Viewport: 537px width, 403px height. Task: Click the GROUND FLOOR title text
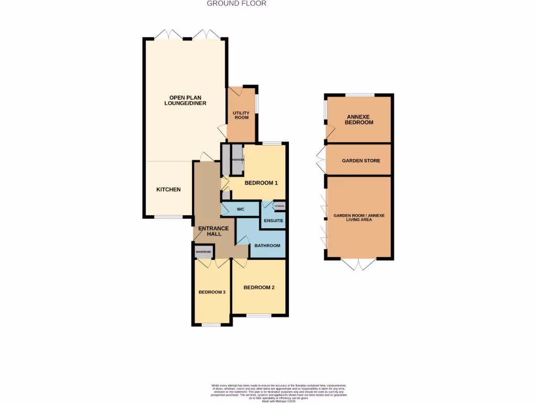pyautogui.click(x=237, y=3)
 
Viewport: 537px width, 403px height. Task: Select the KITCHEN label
pyautogui.click(x=168, y=189)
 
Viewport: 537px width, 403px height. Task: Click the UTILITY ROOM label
pyautogui.click(x=241, y=115)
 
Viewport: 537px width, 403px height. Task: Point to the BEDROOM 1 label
pyautogui.click(x=261, y=183)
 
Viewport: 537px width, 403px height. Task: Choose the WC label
pyautogui.click(x=241, y=209)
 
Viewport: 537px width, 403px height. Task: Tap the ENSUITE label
pyautogui.click(x=273, y=220)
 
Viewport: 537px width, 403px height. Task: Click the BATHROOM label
pyautogui.click(x=267, y=246)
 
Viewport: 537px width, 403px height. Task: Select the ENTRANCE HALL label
pyautogui.click(x=213, y=231)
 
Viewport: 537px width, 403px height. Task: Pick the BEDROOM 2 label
pyautogui.click(x=259, y=287)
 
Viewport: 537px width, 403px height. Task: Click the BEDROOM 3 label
pyautogui.click(x=212, y=292)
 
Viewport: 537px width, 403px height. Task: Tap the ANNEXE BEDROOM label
pyautogui.click(x=360, y=119)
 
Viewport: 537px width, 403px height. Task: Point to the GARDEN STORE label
pyautogui.click(x=361, y=161)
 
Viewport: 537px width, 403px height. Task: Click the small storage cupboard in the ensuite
pyautogui.click(x=280, y=206)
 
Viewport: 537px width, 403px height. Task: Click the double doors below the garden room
pyautogui.click(x=359, y=264)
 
